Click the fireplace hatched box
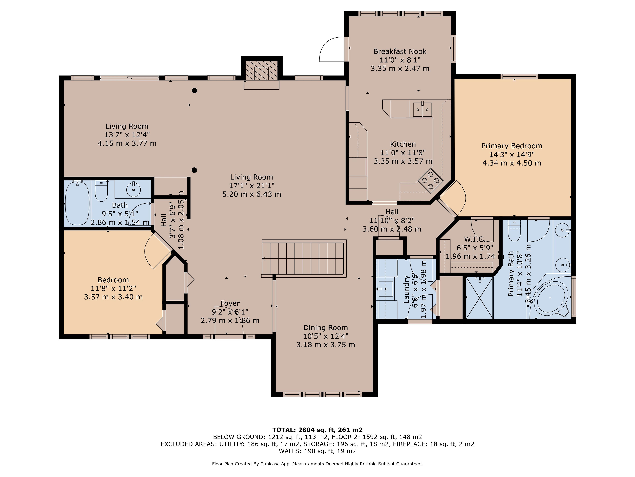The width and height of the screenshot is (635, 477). [x=261, y=70]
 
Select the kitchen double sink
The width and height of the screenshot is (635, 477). [x=422, y=109]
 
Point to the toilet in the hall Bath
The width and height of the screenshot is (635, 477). [x=101, y=190]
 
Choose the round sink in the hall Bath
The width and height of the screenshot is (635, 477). [x=133, y=189]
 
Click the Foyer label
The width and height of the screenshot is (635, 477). [x=230, y=303]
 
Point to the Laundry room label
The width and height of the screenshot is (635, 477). [x=406, y=289]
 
